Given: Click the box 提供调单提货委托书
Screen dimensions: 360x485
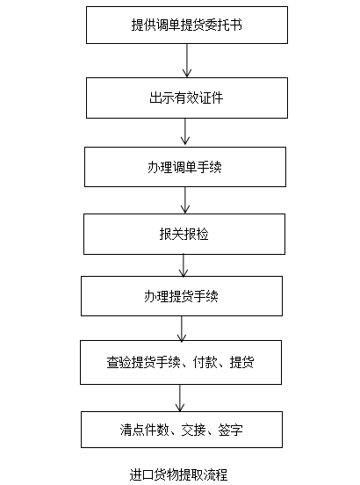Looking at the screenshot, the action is pyautogui.click(x=187, y=25).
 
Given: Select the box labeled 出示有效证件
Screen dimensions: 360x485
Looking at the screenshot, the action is pyautogui.click(x=187, y=98).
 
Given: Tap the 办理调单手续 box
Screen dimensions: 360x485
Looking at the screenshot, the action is pyautogui.click(x=185, y=167).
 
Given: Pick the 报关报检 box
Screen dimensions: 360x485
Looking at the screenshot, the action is pyautogui.click(x=184, y=234).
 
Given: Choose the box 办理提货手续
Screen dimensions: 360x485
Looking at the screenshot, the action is pyautogui.click(x=182, y=296).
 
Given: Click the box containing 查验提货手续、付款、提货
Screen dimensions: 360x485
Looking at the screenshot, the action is pyautogui.click(x=181, y=362).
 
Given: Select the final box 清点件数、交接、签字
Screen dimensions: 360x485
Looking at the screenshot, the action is pyautogui.click(x=182, y=430).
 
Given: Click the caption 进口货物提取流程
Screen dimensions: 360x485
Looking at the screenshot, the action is pyautogui.click(x=178, y=474).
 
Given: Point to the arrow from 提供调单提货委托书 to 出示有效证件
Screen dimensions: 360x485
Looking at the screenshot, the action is pyautogui.click(x=187, y=61).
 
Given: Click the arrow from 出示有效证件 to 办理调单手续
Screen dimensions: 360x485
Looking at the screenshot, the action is pyautogui.click(x=185, y=133).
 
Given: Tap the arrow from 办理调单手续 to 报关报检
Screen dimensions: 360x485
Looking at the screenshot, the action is pyautogui.click(x=185, y=200).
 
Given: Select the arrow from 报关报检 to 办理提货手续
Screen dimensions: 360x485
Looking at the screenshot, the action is pyautogui.click(x=184, y=265).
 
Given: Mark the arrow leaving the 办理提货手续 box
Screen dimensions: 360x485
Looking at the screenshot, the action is pyautogui.click(x=182, y=329).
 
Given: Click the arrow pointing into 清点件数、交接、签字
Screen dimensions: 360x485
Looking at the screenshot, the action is pyautogui.click(x=180, y=398).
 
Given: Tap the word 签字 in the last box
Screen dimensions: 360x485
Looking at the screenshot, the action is pyautogui.click(x=231, y=430).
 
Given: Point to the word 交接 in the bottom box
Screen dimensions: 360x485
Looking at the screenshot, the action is pyautogui.click(x=194, y=430).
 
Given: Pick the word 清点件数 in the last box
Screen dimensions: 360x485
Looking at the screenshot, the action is pyautogui.click(x=145, y=430).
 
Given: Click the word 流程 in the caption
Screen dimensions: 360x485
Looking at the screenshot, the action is pyautogui.click(x=216, y=474).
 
